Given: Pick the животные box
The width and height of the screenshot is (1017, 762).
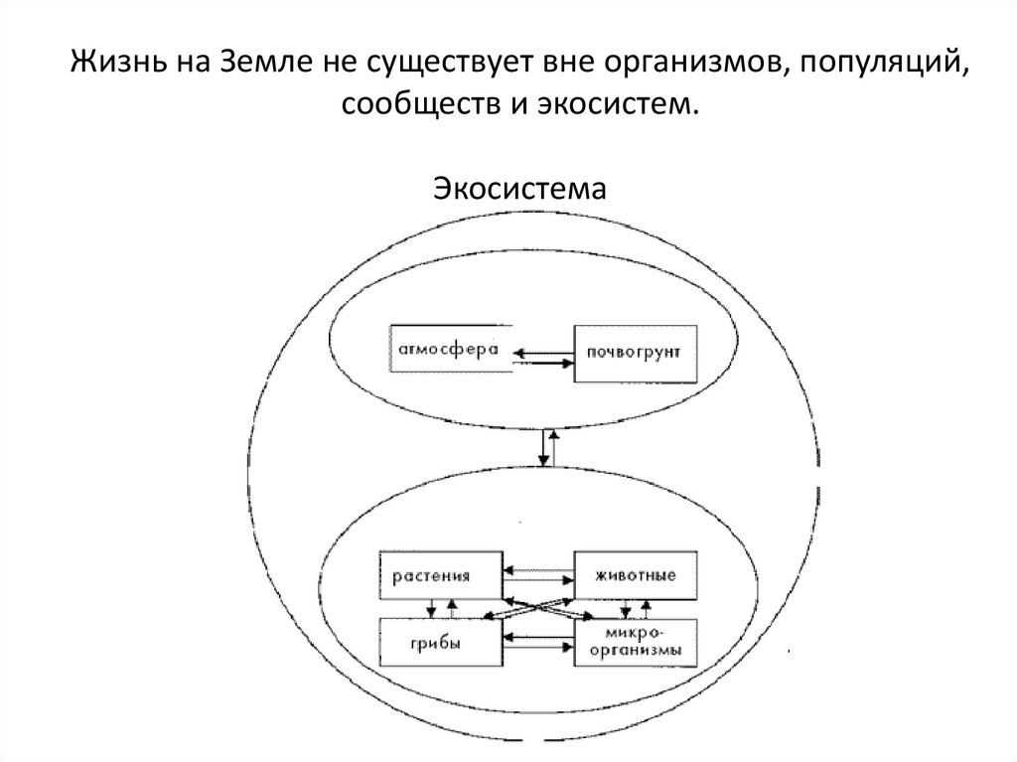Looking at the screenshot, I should pyautogui.click(x=634, y=575).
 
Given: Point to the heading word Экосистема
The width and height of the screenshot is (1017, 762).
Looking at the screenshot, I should pyautogui.click(x=517, y=187).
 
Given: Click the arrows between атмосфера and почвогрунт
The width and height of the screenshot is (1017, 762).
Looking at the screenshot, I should pyautogui.click(x=542, y=356).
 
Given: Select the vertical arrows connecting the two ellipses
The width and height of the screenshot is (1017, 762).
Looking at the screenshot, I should pyautogui.click(x=544, y=447).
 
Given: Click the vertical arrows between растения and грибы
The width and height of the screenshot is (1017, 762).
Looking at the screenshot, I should pyautogui.click(x=441, y=606).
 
